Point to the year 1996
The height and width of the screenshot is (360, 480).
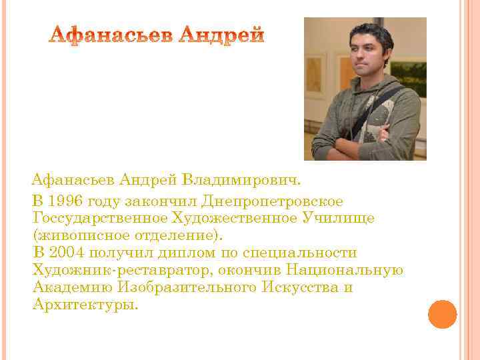coord(67,201)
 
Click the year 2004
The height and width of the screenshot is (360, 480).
coord(67,253)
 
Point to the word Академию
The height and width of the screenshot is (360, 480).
coord(72,288)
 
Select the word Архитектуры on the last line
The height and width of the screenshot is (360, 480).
coord(85,305)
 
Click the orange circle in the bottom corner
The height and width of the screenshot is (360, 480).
coord(442,313)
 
